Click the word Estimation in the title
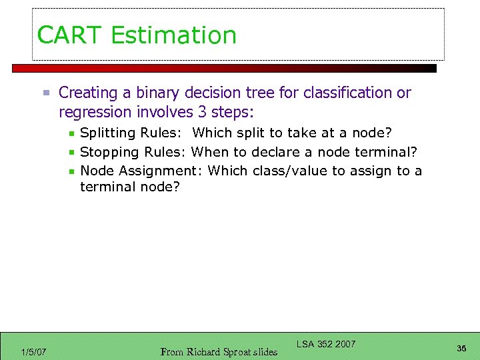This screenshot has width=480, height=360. point(174,35)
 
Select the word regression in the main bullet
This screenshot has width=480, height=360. point(93,110)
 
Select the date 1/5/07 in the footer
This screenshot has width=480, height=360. point(33,351)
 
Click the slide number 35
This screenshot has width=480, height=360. point(461,348)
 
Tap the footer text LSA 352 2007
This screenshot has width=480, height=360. point(326,344)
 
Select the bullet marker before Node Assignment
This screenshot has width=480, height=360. point(71,171)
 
